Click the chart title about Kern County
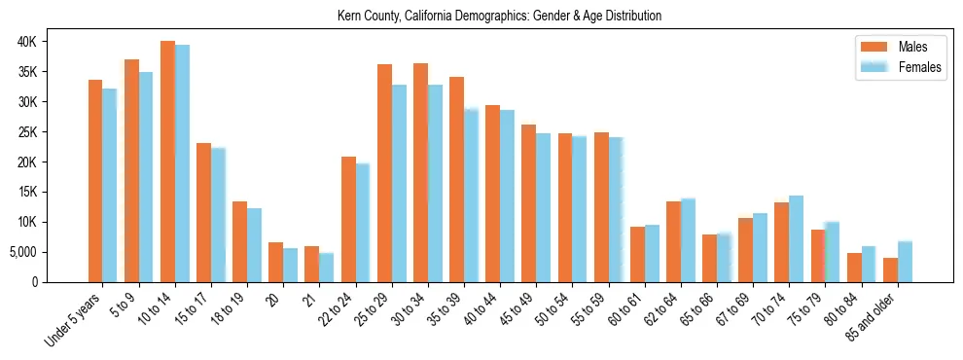[499, 16]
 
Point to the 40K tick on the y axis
[53, 42]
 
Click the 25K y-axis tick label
[53, 132]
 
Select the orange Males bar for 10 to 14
[167, 162]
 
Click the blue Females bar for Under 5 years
[110, 186]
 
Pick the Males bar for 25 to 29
[384, 173]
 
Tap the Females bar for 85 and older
[905, 262]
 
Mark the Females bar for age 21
[327, 268]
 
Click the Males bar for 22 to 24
[348, 219]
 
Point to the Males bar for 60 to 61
[637, 254]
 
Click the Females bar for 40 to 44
[507, 196]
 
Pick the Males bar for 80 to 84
[854, 268]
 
